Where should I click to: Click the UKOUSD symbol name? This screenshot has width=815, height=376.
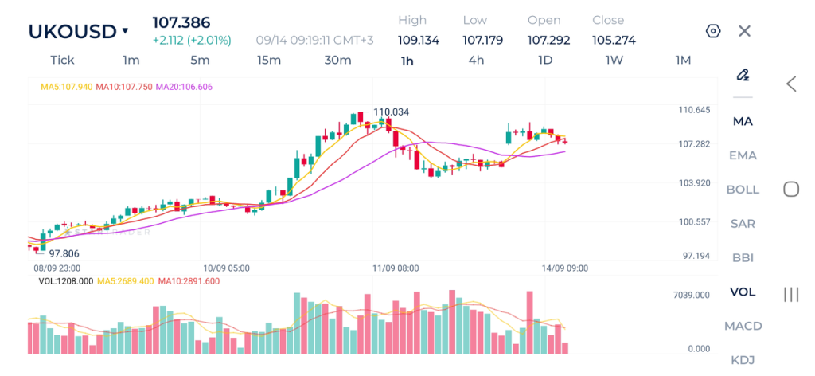[72, 32]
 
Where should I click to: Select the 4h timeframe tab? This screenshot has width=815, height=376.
[476, 61]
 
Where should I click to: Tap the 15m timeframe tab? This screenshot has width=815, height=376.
[269, 61]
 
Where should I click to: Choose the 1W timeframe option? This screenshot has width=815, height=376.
[614, 61]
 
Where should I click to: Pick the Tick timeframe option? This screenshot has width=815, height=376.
[62, 61]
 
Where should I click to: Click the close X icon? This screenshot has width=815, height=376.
[744, 31]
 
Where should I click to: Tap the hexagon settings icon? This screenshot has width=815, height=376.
[713, 31]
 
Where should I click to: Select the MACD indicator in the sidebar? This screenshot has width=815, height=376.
[743, 326]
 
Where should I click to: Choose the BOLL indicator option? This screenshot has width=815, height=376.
[743, 190]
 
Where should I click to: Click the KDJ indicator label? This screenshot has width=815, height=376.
[743, 360]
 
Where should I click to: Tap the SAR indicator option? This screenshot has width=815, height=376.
[743, 224]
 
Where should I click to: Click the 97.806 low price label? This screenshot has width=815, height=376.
[64, 254]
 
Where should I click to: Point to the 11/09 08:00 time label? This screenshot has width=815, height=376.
[396, 268]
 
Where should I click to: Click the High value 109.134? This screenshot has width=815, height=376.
[419, 40]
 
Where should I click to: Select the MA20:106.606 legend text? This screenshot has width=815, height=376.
[184, 87]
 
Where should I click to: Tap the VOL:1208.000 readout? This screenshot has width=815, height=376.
[66, 281]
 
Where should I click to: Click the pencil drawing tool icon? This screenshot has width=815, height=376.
[743, 75]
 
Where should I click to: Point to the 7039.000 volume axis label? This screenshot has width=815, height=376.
[692, 296]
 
